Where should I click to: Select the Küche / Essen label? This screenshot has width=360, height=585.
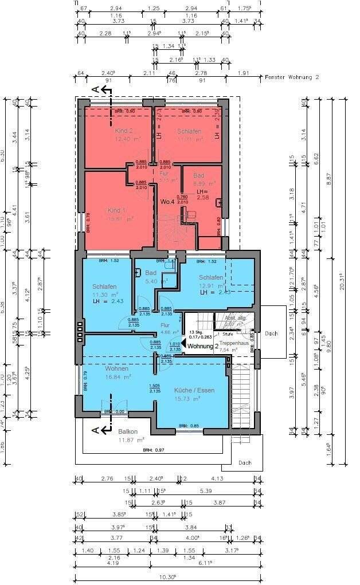point(194,390)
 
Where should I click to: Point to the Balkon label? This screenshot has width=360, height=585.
point(128,431)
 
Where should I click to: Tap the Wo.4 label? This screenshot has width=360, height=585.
point(167,202)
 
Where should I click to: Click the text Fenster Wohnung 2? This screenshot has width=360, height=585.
point(292,76)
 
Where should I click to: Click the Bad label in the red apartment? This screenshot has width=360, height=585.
point(199,175)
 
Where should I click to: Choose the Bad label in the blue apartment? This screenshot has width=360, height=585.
point(151,273)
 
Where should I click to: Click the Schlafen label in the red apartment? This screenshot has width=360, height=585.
point(189,131)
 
